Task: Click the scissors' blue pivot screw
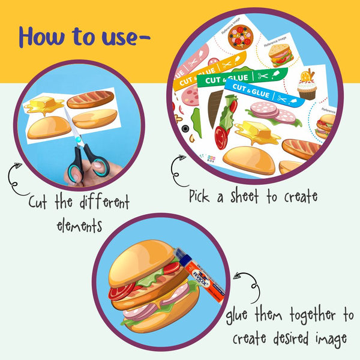coord(79,140)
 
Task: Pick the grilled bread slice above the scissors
coord(91,98)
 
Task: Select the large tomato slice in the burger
coord(122,291)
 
